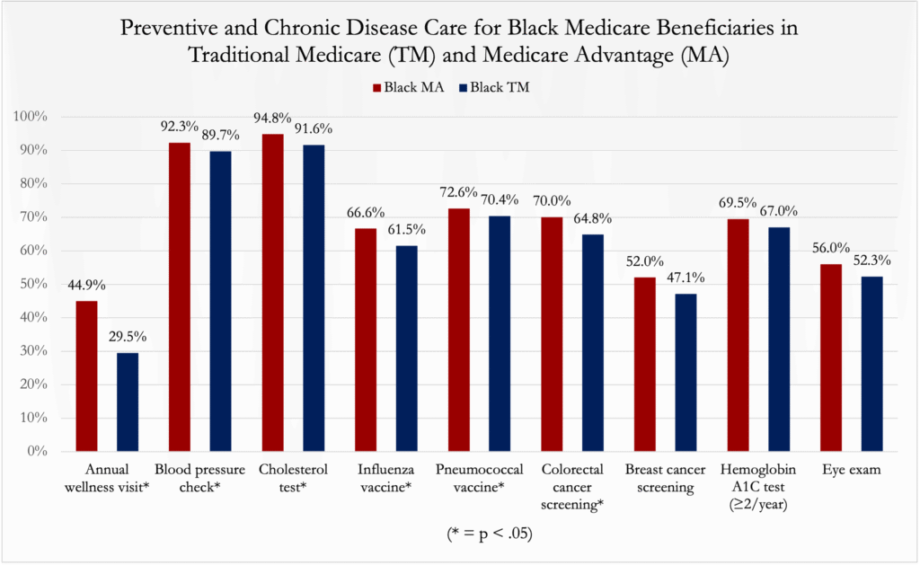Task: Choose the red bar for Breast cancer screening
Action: [x=644, y=364]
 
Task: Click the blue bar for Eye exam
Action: [x=872, y=363]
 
